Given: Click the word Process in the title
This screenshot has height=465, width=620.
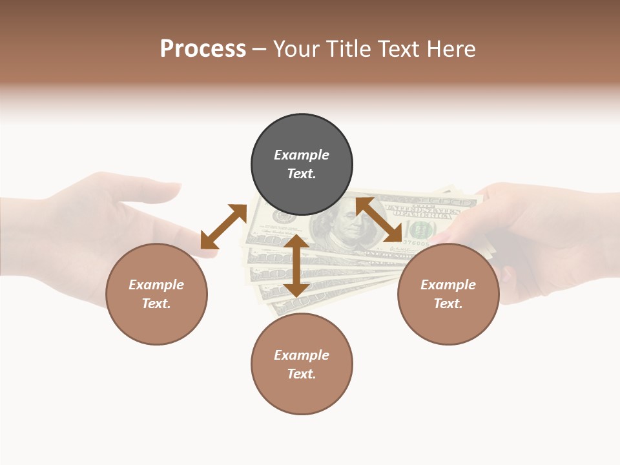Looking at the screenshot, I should tap(203, 49).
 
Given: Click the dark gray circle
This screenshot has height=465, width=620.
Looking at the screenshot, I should tap(302, 165).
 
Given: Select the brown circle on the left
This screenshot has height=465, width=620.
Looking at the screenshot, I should tap(156, 294).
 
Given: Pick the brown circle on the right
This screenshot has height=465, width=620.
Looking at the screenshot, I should tap(448, 294).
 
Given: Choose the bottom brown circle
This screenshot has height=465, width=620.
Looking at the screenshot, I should tap(302, 364).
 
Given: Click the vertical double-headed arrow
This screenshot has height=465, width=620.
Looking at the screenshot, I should tap(296, 265).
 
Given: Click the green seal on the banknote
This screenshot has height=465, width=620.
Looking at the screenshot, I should tap(420, 229).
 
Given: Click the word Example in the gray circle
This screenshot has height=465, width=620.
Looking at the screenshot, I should tap(302, 155).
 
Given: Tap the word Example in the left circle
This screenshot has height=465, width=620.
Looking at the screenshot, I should tap(156, 285).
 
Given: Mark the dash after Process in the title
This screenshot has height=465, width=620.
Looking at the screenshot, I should tap(259, 49).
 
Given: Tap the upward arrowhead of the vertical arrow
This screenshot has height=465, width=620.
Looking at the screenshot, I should tap(296, 241).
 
